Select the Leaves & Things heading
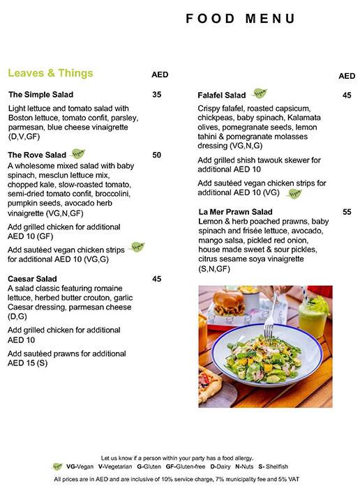point(50,73)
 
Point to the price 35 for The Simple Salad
point(156,95)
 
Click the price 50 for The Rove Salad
point(156,155)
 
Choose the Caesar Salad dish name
point(33,279)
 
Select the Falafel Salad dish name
point(222,95)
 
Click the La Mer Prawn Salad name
point(235,211)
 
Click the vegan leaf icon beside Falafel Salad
point(260,93)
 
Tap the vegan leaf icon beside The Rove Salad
point(79,153)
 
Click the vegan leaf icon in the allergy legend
point(57,466)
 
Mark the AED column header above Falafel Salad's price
point(347,75)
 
